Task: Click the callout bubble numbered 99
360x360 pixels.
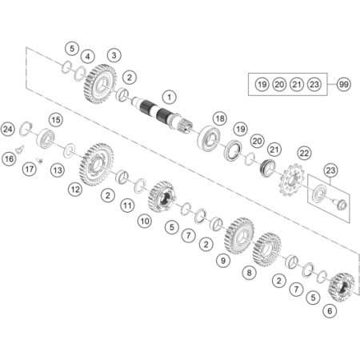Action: coord(343,84)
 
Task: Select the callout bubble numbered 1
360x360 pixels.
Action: coord(170,97)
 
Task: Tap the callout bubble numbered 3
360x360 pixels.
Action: coord(114,55)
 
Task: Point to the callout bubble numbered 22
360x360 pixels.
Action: coord(304,153)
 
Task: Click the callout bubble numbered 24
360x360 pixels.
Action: coord(8,130)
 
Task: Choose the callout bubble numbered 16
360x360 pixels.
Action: coord(9,159)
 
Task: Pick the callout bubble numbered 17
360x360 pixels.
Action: coord(30,169)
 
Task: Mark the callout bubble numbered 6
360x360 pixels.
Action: coord(330,311)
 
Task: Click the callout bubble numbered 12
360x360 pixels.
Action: coord(75,190)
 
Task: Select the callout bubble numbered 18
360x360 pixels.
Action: coord(220,118)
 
